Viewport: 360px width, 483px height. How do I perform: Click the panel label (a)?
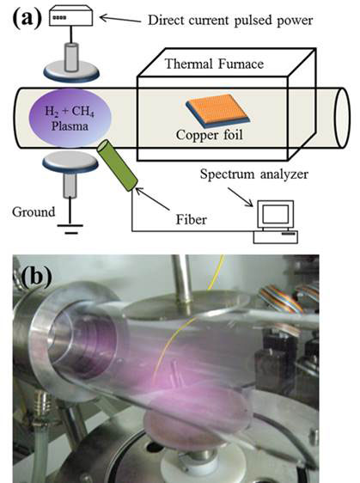27,18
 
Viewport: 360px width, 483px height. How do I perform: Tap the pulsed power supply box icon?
70,15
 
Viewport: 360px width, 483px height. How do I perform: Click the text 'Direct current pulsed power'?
230,21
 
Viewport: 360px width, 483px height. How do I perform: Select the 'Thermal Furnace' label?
214,64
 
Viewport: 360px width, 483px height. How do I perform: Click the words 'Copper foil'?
210,135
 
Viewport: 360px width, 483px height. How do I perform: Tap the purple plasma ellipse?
70,119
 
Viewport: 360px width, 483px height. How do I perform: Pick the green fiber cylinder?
117,165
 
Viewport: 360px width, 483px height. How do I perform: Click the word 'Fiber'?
192,220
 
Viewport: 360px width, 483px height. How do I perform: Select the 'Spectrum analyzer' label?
254,174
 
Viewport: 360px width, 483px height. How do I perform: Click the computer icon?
276,222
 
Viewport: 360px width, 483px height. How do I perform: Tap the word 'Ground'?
34,212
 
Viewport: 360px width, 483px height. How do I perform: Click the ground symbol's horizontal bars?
70,229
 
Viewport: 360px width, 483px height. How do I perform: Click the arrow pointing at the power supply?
120,19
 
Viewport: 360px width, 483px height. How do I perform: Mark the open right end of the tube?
342,118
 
